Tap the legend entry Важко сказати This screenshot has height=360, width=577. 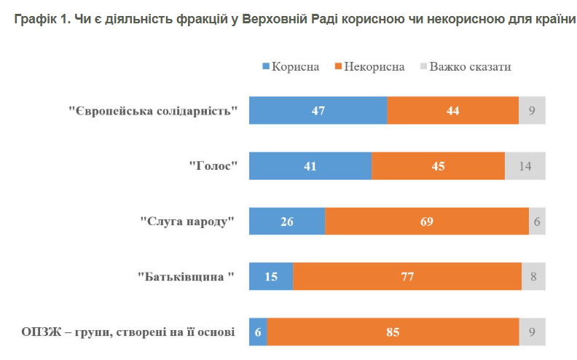coord(466,67)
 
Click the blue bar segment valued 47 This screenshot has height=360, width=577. coord(318,111)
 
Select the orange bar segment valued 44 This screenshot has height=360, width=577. coord(452,111)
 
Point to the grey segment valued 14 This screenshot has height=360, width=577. coord(525,166)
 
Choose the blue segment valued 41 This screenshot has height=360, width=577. coord(310,166)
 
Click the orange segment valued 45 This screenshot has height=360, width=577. coord(438,166)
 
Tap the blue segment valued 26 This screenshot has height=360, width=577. coord(287,222)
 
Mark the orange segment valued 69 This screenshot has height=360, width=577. coord(427,222)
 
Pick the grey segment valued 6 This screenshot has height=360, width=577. coord(537,222)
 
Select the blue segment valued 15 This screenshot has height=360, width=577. coord(271,277)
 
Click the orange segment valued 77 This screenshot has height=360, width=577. coord(407,277)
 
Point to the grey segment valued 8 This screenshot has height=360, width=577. coord(533,277)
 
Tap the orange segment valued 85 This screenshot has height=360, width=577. coord(393,332)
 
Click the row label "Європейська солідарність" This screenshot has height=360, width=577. coord(154,111)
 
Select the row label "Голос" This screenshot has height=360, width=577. coord(214,167)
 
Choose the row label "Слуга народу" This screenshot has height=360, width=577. coord(189,222)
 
